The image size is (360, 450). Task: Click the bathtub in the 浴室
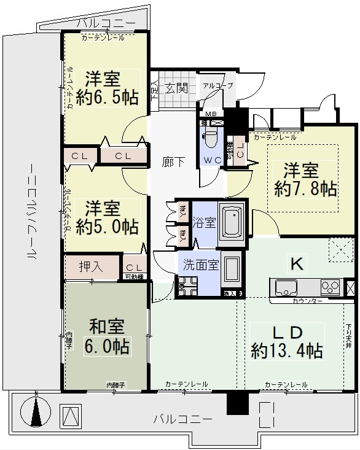pos(232,221)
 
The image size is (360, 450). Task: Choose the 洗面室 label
pos(199,266)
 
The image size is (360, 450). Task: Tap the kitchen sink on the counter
pos(286,287)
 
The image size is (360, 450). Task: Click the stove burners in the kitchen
pos(330,287)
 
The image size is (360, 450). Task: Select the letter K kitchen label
pos(297,263)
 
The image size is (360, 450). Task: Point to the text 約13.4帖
pos(287,350)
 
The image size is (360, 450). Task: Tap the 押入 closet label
pos(92,267)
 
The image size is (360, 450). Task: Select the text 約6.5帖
pos(107,96)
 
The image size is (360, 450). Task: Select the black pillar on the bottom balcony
pos(235,403)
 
